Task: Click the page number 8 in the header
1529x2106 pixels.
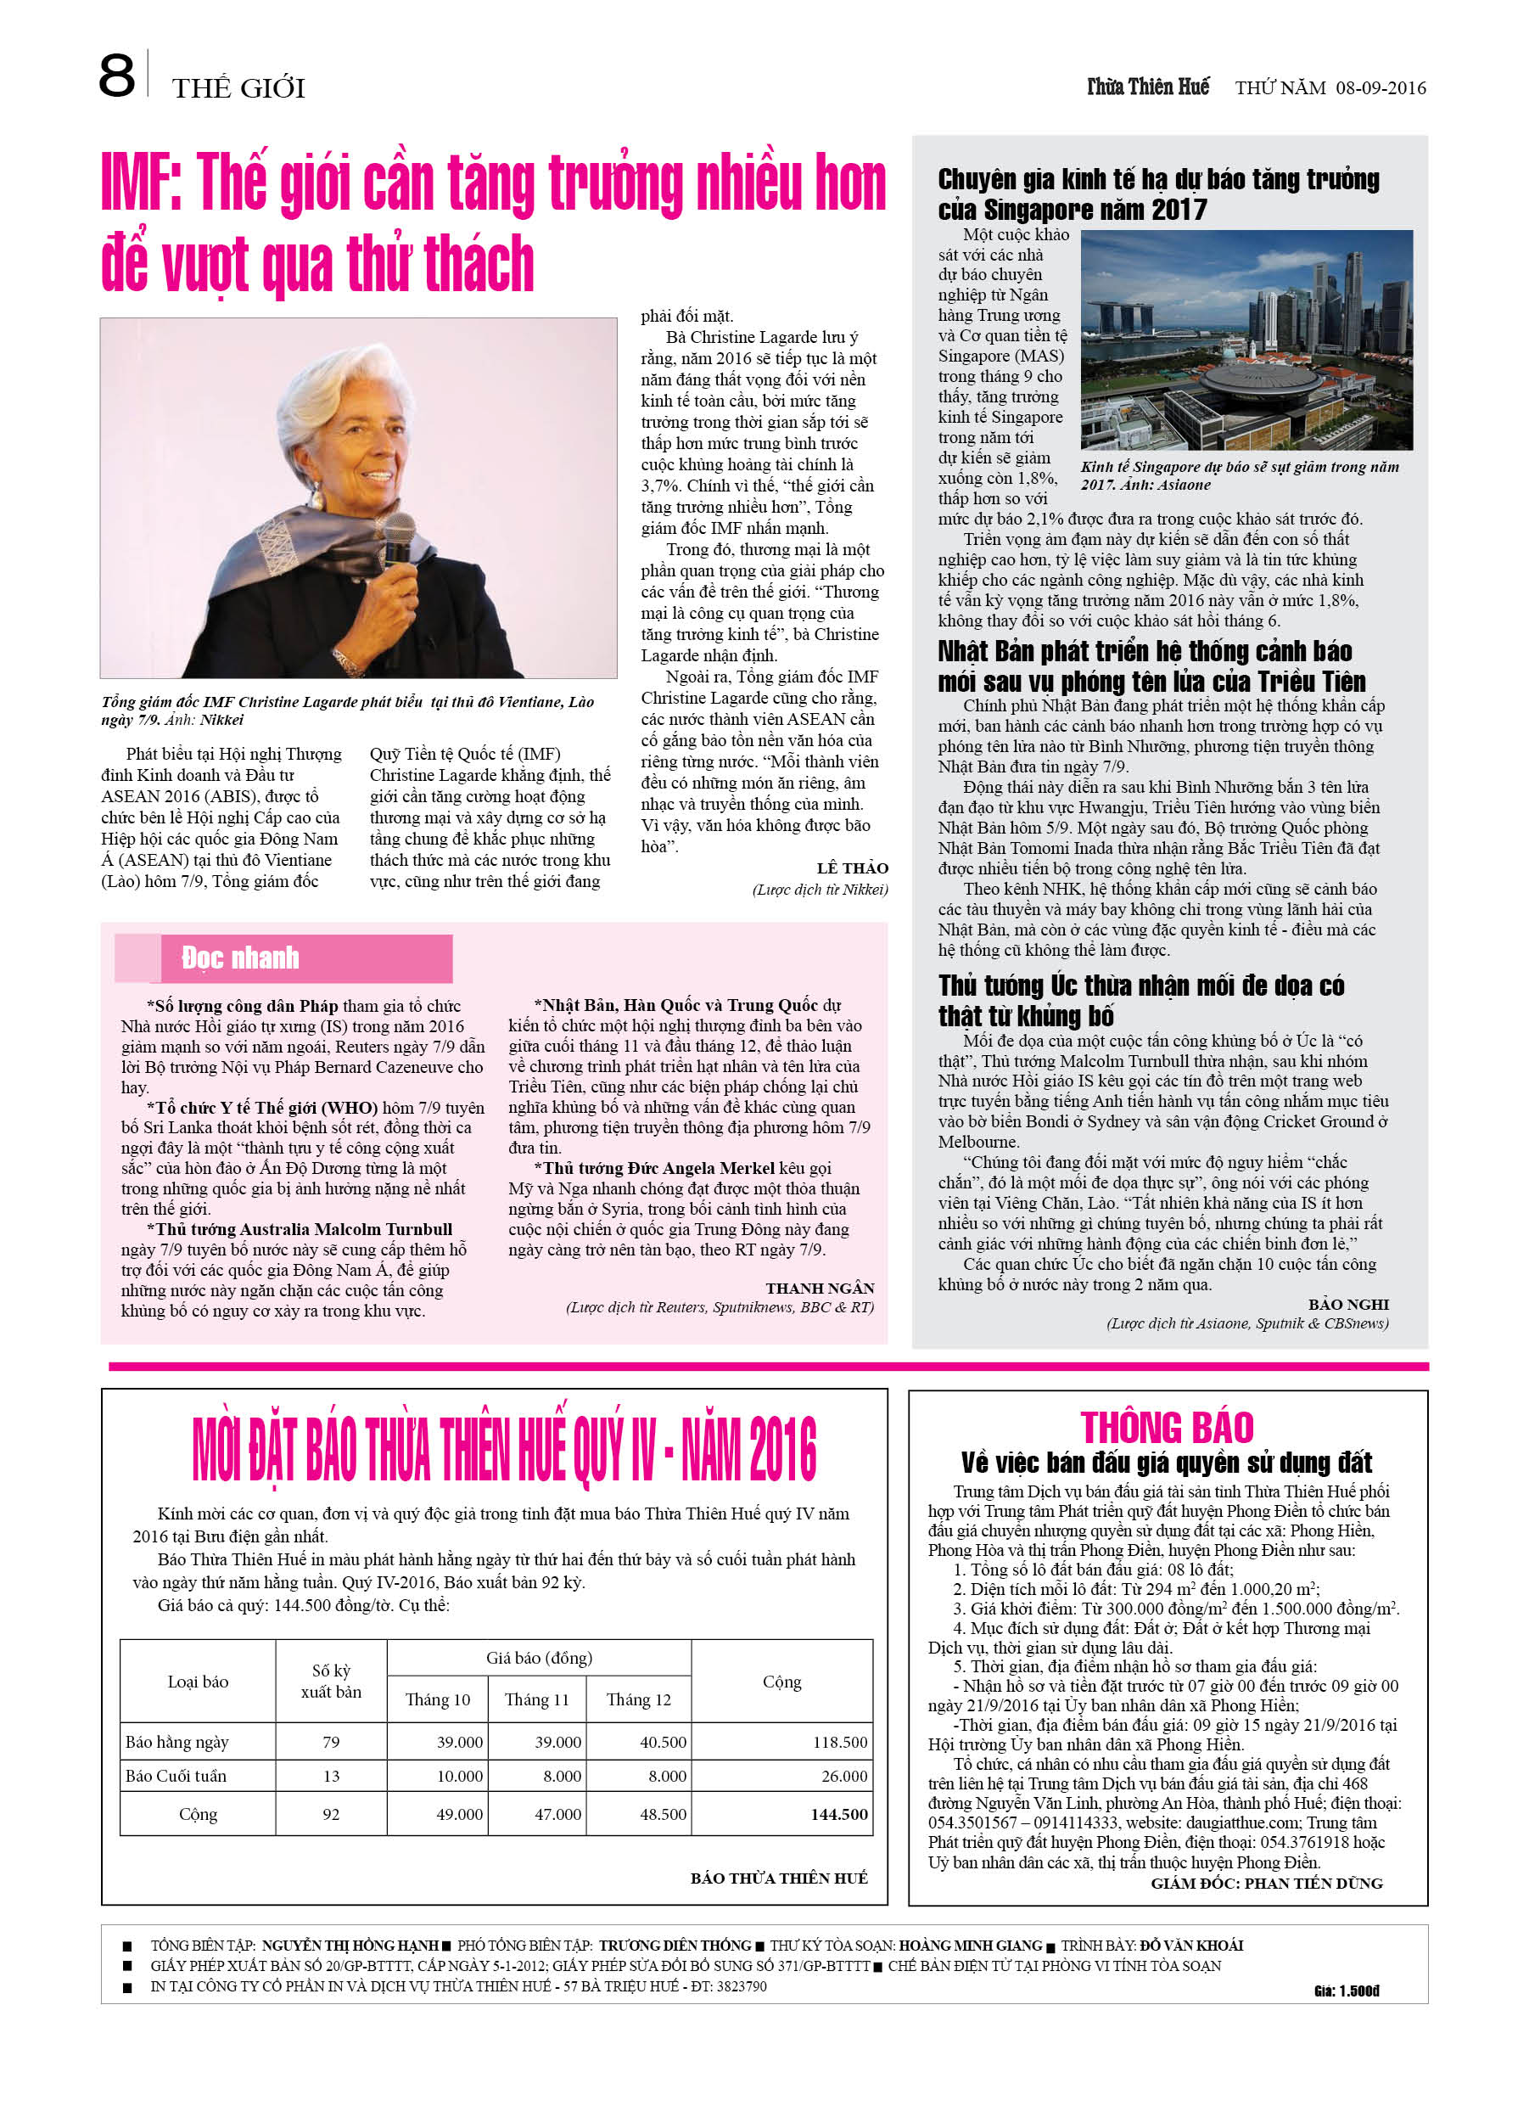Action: (116, 76)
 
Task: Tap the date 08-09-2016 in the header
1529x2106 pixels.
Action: (1381, 88)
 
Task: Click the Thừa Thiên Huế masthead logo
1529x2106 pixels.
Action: (1148, 87)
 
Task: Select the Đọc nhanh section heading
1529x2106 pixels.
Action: (240, 958)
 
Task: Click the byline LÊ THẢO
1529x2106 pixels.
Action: (852, 868)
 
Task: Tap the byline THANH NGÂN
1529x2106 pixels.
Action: (820, 1288)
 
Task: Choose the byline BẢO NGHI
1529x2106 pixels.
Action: (1348, 1304)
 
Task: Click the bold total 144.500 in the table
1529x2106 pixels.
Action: (839, 1812)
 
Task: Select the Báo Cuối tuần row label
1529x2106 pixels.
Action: (176, 1776)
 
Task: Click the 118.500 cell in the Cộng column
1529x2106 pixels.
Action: (839, 1742)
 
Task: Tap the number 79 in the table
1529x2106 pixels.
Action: (331, 1742)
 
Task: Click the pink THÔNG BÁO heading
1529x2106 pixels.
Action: (1167, 1427)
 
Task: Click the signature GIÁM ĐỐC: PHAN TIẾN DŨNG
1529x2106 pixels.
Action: (1266, 1882)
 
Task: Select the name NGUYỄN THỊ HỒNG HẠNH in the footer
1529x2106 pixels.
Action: (350, 1946)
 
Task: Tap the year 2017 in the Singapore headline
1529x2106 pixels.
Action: (1179, 210)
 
